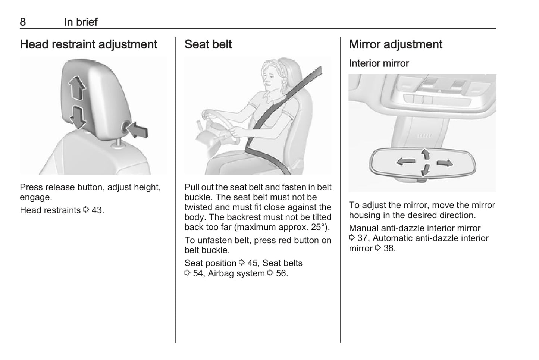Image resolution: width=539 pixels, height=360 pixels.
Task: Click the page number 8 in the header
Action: tap(23, 22)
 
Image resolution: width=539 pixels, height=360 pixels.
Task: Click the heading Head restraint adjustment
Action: tap(88, 44)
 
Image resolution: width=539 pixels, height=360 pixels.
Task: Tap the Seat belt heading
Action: tap(208, 44)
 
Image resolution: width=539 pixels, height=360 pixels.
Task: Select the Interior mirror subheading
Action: tap(379, 63)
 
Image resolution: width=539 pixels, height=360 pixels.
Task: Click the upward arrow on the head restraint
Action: tap(77, 88)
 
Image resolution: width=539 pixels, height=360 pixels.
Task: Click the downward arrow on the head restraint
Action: tap(78, 117)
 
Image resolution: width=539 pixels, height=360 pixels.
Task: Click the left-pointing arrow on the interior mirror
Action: tap(406, 161)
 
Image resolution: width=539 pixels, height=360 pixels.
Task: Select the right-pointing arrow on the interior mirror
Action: tap(445, 163)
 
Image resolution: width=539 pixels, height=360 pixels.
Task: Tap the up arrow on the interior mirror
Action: tap(426, 154)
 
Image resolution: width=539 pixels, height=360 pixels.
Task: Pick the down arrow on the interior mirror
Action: tap(425, 170)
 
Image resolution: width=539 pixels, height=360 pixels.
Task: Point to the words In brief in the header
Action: tap(81, 22)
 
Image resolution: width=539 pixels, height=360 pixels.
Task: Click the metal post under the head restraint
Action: tap(118, 143)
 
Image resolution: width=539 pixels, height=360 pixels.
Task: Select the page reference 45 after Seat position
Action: tap(253, 263)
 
